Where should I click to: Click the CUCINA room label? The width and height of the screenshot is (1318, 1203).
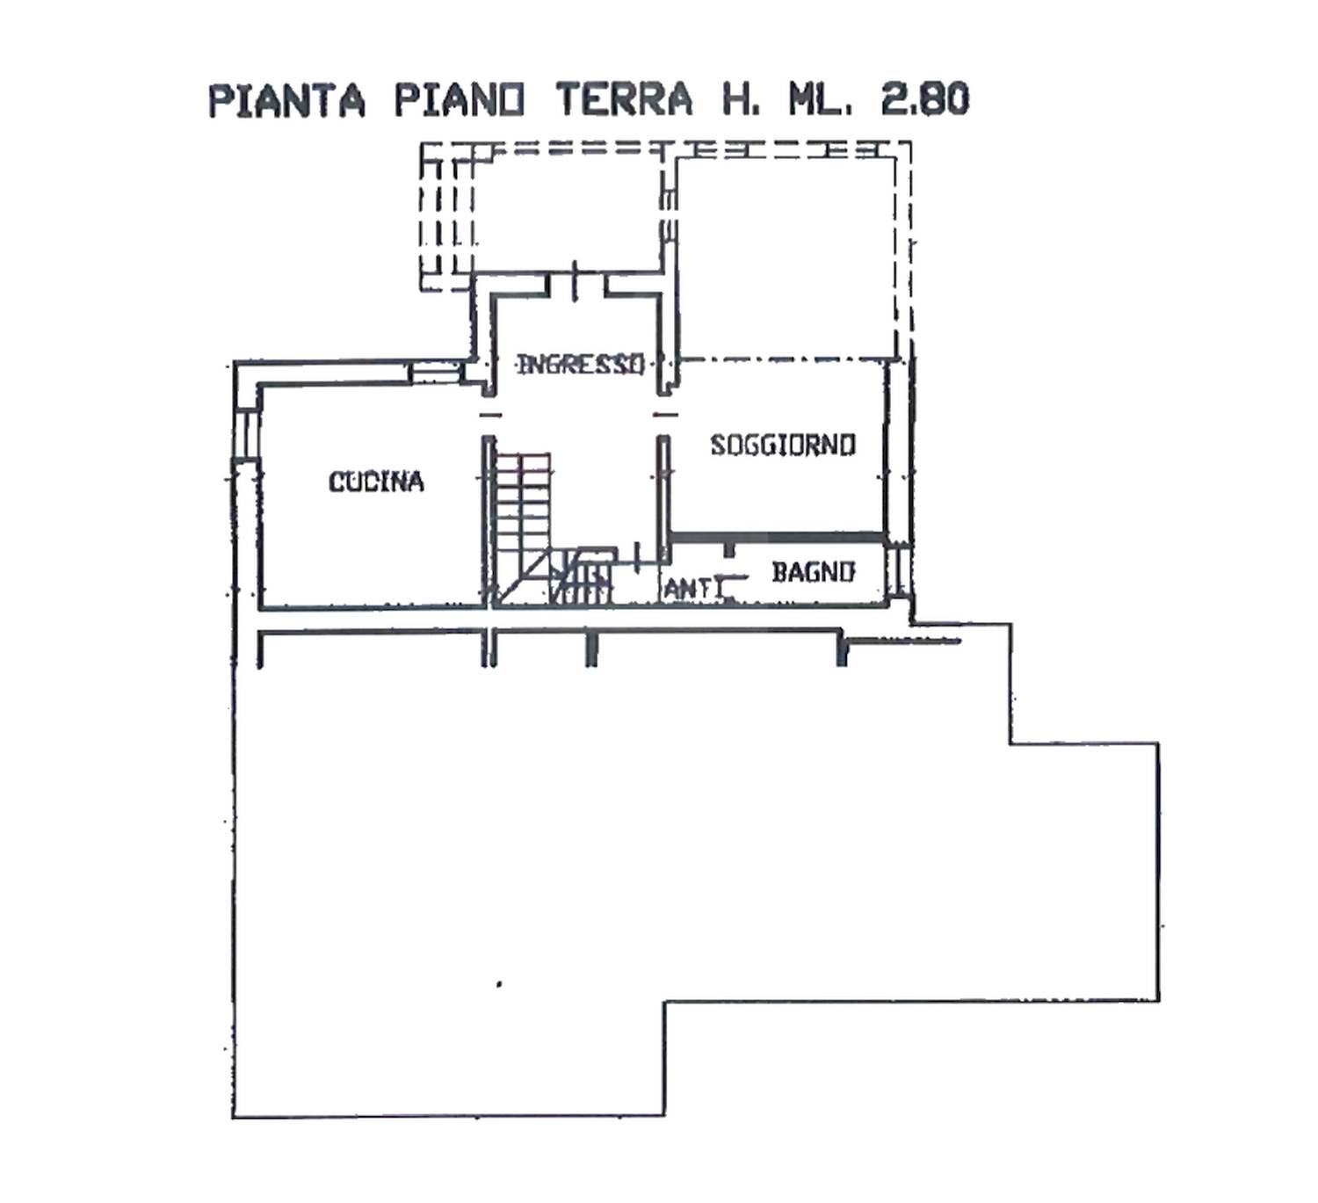pyautogui.click(x=376, y=482)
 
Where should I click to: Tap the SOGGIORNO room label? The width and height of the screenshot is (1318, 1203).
pyautogui.click(x=783, y=445)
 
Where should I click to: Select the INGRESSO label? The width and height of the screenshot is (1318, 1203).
pyautogui.click(x=580, y=364)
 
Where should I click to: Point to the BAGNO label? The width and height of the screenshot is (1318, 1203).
pyautogui.click(x=814, y=572)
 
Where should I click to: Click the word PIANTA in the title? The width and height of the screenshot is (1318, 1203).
pyautogui.click(x=286, y=100)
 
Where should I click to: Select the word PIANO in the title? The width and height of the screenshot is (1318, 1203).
pyautogui.click(x=460, y=100)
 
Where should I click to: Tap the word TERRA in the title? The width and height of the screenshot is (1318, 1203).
pyautogui.click(x=624, y=99)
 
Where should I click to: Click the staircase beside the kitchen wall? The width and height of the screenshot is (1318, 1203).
pyautogui.click(x=551, y=528)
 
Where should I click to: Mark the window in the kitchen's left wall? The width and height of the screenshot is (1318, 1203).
pyautogui.click(x=246, y=434)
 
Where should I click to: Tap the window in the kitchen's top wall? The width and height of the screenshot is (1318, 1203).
pyautogui.click(x=434, y=373)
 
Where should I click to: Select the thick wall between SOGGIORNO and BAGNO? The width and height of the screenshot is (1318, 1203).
pyautogui.click(x=778, y=537)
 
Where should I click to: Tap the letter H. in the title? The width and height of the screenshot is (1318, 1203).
pyautogui.click(x=740, y=99)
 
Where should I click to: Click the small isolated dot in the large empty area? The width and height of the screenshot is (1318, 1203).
pyautogui.click(x=499, y=984)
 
